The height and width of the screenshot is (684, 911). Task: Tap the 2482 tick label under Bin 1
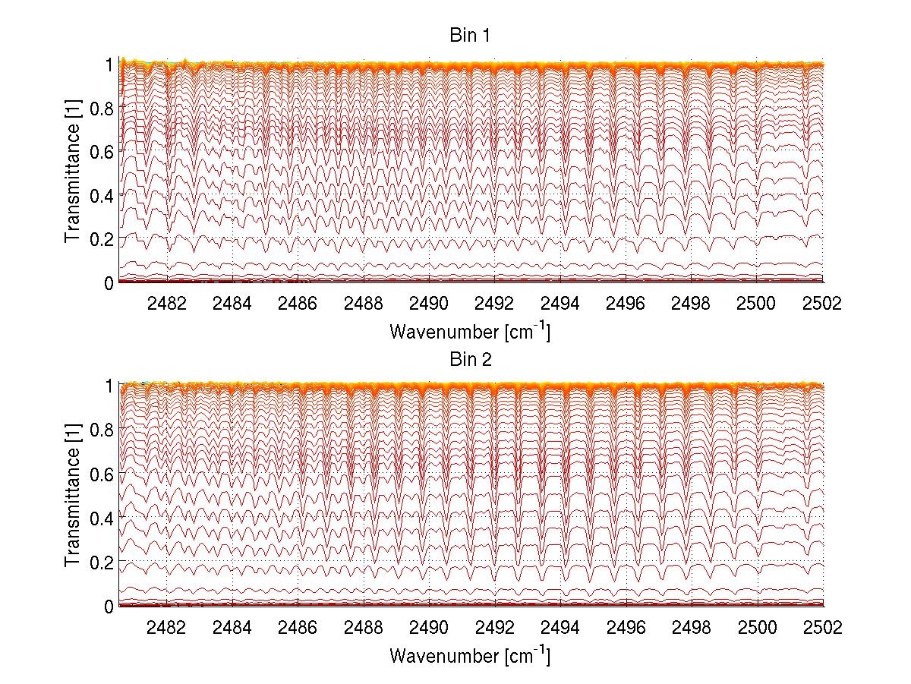166,304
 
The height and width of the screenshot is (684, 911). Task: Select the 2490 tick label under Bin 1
429,304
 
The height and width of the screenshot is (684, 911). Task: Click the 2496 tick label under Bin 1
626,304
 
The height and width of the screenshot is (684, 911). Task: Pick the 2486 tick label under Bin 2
298,627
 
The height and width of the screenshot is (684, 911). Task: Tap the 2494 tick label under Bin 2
560,627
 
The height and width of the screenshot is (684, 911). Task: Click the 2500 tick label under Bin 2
757,627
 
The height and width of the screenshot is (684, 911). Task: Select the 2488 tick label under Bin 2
363,627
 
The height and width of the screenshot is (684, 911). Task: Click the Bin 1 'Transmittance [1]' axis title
73,173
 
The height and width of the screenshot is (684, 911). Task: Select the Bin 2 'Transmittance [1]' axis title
73,496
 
